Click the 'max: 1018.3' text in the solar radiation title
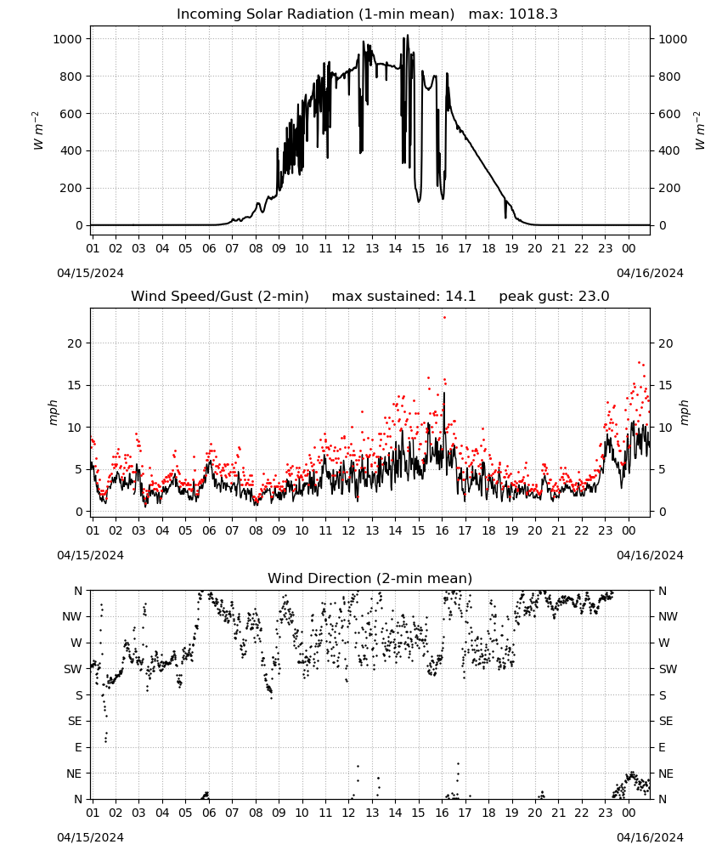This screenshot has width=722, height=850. pos(513,14)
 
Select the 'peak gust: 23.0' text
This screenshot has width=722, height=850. pos(554,297)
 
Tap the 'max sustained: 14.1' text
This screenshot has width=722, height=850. pos(403,297)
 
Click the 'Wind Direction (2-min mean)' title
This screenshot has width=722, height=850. pos(370,578)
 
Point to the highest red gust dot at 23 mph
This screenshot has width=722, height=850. pos(445,318)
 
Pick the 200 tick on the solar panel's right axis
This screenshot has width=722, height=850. pos(669,188)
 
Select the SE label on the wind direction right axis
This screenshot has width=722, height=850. pos(666,722)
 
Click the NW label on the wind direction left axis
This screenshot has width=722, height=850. pos(72,617)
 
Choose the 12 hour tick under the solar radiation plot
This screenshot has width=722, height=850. pos(348,248)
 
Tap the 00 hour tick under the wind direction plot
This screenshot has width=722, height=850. pos(629,813)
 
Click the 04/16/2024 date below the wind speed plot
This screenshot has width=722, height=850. pos(650,555)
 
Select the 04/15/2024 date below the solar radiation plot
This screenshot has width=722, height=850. pos(90,273)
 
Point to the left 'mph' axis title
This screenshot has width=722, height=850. pos(53,413)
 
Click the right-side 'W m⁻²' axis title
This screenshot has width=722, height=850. pos(700,130)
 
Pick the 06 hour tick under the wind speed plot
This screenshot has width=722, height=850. pos(209,530)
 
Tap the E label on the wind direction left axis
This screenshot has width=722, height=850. pos(78,747)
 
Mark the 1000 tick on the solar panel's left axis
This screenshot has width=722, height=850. pos(67,39)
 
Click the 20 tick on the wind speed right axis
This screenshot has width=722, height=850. pos(666,343)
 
